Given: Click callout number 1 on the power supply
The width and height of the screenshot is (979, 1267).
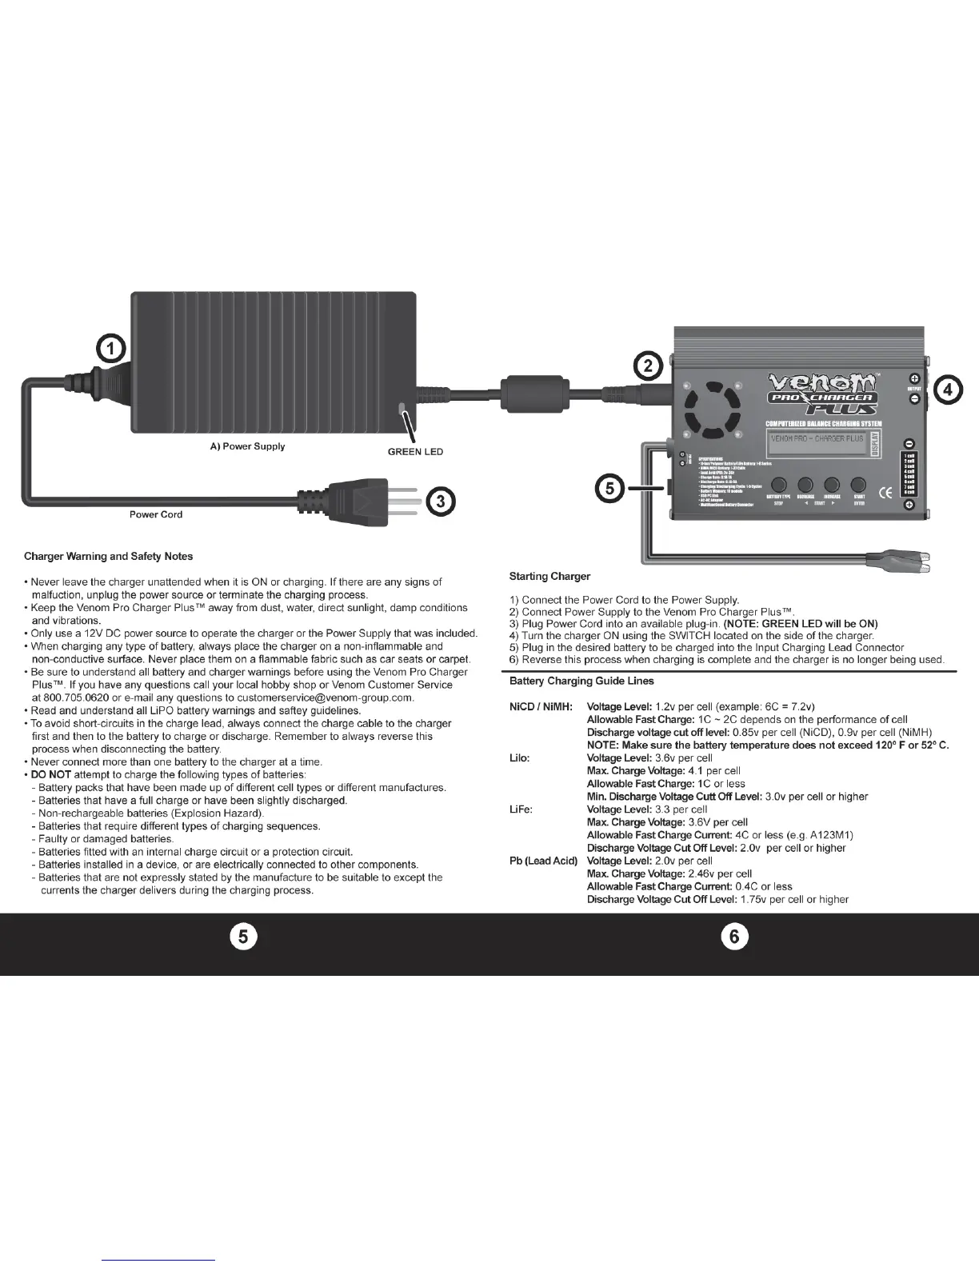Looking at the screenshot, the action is pyautogui.click(x=111, y=350).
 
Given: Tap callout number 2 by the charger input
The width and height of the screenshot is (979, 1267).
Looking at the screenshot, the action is pyautogui.click(x=649, y=366).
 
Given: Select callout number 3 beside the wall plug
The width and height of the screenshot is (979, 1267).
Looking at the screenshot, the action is pyautogui.click(x=440, y=502).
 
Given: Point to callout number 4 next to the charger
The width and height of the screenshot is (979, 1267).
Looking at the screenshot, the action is pyautogui.click(x=948, y=390).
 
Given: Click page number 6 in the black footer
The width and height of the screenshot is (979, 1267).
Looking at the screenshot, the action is pyautogui.click(x=734, y=937).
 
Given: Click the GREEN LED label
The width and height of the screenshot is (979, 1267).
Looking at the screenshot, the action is pyautogui.click(x=415, y=452).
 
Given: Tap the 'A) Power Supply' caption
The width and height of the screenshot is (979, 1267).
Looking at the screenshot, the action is pyautogui.click(x=242, y=446).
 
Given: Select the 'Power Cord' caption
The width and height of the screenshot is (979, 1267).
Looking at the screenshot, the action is pyautogui.click(x=156, y=514).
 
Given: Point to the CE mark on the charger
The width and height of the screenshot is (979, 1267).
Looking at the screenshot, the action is pyautogui.click(x=885, y=493).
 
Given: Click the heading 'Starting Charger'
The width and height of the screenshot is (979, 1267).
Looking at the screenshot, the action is pyautogui.click(x=549, y=576).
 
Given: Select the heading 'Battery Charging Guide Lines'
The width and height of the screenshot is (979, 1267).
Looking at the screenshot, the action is pyautogui.click(x=581, y=681).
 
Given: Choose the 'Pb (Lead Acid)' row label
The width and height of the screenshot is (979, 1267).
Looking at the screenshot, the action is pyautogui.click(x=543, y=861).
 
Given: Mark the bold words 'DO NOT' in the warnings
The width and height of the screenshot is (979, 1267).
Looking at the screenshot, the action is pyautogui.click(x=51, y=774).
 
